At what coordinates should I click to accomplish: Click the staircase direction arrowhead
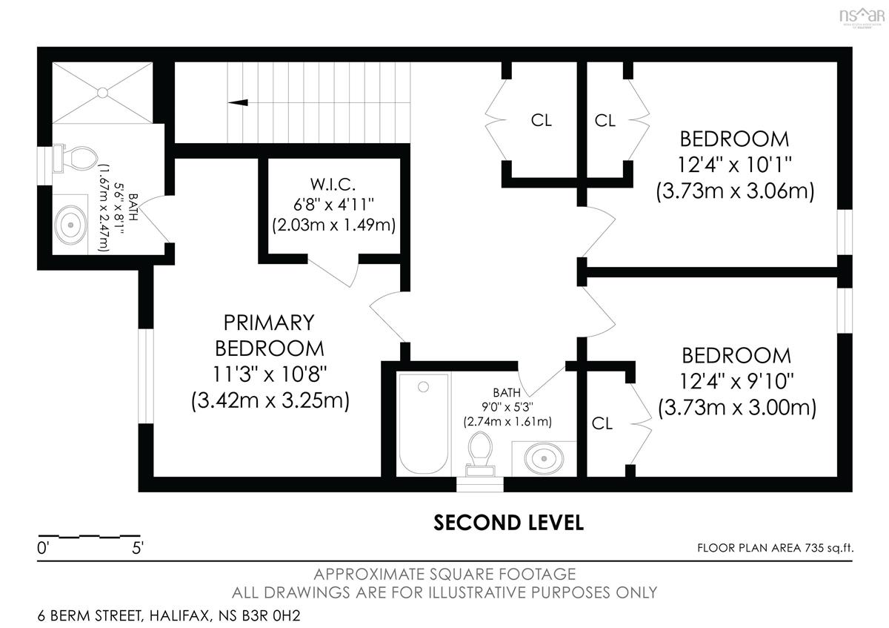click(238, 102)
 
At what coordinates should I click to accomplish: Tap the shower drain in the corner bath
click(102, 93)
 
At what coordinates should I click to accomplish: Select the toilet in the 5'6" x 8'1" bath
click(76, 159)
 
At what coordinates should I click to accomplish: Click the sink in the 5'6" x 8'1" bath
click(70, 225)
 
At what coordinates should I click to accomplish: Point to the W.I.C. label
click(333, 185)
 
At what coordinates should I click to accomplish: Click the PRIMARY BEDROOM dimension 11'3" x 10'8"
click(270, 374)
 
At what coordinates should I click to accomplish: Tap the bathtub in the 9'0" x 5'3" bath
click(423, 423)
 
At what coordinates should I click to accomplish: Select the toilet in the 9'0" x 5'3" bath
click(480, 454)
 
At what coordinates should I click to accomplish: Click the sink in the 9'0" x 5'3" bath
click(544, 458)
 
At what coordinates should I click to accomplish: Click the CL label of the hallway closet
click(542, 120)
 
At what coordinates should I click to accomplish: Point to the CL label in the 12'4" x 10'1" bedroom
click(605, 120)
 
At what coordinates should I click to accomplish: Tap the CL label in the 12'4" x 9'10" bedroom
click(602, 423)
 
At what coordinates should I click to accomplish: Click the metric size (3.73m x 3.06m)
click(735, 191)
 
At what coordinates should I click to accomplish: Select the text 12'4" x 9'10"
click(736, 381)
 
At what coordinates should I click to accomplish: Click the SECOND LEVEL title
click(508, 523)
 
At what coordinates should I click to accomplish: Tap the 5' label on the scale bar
click(137, 548)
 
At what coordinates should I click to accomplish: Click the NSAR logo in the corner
click(862, 17)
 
